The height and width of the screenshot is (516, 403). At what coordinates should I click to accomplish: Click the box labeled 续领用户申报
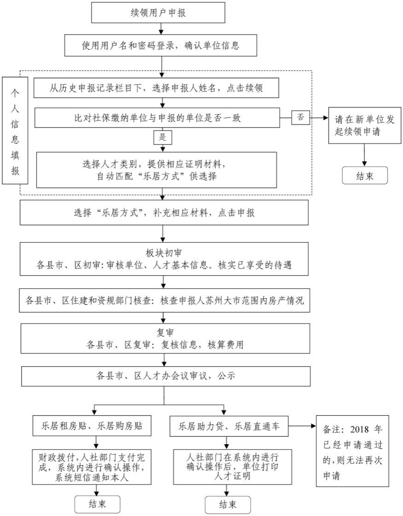[x=158, y=12]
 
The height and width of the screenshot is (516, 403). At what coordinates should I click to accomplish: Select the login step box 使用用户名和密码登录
[x=161, y=45]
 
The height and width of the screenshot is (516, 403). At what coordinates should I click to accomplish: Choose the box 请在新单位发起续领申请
[x=364, y=124]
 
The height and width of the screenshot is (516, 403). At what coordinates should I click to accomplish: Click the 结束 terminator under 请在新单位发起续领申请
[x=364, y=176]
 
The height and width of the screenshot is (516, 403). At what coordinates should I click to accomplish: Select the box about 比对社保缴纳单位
[x=157, y=118]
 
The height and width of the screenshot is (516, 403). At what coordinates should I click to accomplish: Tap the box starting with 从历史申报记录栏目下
[x=157, y=88]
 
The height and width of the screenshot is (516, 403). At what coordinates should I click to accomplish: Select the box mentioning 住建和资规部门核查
[x=164, y=301]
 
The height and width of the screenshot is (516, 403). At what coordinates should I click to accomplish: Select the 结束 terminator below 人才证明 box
[x=228, y=504]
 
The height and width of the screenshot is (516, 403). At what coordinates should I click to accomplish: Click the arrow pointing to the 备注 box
[x=303, y=426]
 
